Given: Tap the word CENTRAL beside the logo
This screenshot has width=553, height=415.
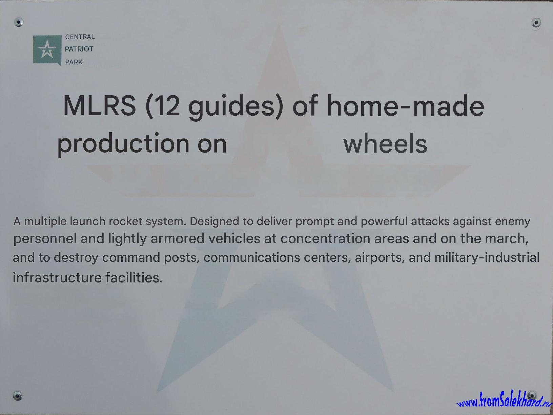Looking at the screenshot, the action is point(80,37).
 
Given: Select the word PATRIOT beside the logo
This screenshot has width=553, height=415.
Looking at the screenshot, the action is point(79,49).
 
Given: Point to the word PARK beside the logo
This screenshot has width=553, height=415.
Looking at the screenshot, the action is point(74,62).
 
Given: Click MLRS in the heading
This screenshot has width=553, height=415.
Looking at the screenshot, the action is point(100,105).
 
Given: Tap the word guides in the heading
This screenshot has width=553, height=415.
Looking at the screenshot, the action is point(232,107).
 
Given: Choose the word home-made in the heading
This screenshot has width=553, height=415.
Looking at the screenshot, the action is point(405,105).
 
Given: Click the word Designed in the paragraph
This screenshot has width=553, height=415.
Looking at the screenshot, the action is point(214,222).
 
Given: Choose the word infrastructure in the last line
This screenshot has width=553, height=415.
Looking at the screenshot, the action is point(57,277).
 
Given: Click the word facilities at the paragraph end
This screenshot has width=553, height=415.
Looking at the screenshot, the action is point(134,277).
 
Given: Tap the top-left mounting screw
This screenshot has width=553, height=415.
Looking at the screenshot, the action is point(19,22).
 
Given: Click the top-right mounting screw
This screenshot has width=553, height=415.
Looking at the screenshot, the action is point(536,23).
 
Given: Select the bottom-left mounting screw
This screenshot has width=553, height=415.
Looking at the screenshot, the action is point(17,396).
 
